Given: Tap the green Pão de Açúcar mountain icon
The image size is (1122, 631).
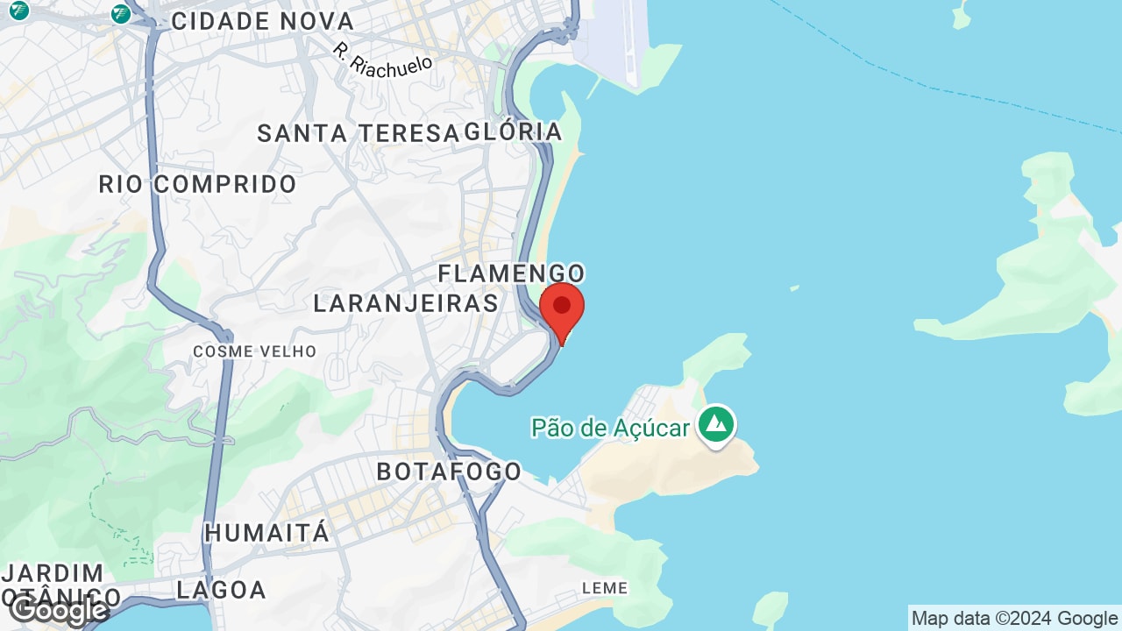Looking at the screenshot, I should pos(717,425).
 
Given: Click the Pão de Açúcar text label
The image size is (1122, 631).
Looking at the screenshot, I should pos(611,428).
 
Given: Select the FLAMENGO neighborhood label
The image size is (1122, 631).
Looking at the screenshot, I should pos(511,273).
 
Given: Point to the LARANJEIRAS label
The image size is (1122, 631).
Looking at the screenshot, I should pos(406,303).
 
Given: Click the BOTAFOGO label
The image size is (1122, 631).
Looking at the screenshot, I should pos(449,471).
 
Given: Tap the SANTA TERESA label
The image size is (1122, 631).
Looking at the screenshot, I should pos(358,133).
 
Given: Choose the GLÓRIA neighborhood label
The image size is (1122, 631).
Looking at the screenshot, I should pos(513,131).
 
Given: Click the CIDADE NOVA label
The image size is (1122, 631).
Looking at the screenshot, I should pos(262,21).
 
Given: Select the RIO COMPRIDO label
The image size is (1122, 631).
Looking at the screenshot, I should pos(197,185).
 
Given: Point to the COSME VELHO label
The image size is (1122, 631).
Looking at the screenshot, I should pos(254,351).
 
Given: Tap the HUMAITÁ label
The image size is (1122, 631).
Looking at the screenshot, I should pos(266,532).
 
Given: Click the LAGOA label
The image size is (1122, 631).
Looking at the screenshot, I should pos(221,590).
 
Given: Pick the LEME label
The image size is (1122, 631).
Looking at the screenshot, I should pos(605,588).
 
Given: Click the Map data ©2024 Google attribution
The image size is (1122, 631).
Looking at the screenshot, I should pos(1014,619).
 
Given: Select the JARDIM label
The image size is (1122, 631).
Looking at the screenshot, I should pos(53,573).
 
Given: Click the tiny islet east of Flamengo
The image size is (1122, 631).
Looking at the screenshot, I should pos(794,287).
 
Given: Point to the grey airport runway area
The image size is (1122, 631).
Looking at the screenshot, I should pos(614,44).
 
